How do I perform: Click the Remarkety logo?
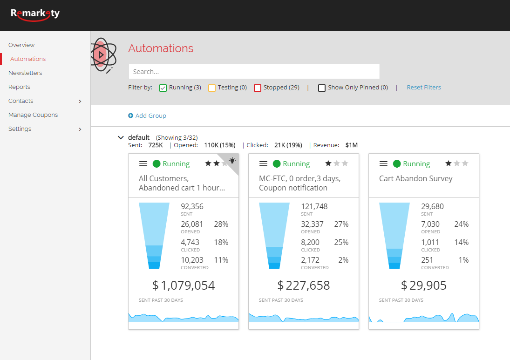coord(35,14)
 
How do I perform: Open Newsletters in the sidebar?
coord(25,73)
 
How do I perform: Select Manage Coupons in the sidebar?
coord(33,115)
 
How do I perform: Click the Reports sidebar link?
coord(19,87)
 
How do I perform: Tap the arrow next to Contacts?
coord(80,102)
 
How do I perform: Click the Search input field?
coord(254,72)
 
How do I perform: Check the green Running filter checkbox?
coord(163,88)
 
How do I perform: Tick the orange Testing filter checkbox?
coord(212,88)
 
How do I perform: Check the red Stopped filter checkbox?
coord(258,88)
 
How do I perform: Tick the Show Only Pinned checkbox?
coord(322,88)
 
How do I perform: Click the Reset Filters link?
coord(424,88)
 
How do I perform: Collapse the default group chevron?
coord(121,138)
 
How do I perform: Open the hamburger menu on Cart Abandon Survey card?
coord(384,164)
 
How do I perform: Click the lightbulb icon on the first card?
coord(232,160)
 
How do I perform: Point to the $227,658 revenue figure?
coord(304,285)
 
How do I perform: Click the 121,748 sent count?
coord(314,207)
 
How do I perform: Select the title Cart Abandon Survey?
coord(416,179)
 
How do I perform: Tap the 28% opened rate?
coord(221,224)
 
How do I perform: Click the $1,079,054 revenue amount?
coord(184,285)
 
